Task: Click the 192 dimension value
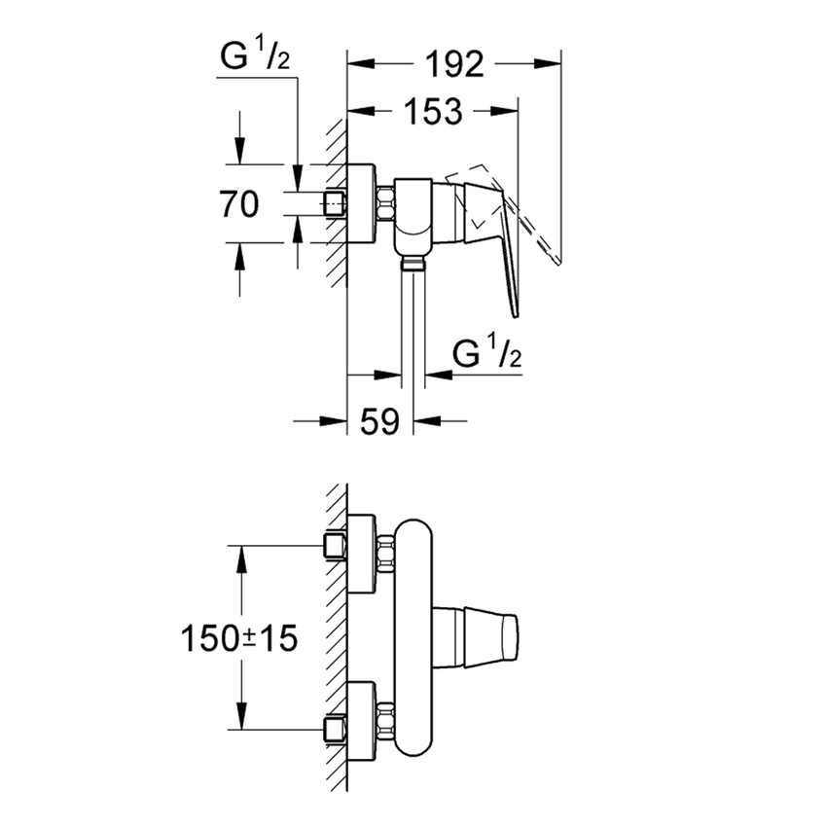coord(454,65)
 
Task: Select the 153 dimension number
coord(429,112)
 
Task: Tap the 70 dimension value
coord(239,205)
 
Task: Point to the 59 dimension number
coord(380,422)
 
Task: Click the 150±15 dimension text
coord(238,638)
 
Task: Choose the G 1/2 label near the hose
coord(488,356)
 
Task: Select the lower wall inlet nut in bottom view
coord(336,729)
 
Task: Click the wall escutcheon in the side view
coord(361,205)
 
